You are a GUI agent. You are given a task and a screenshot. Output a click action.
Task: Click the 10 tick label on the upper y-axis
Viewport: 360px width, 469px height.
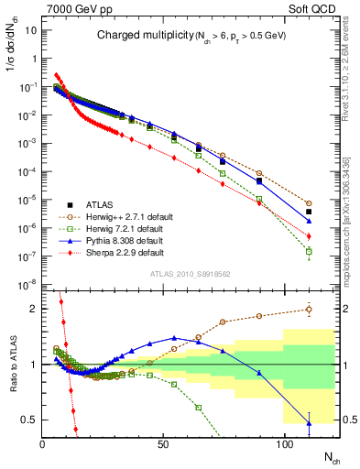[x=28, y=29]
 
